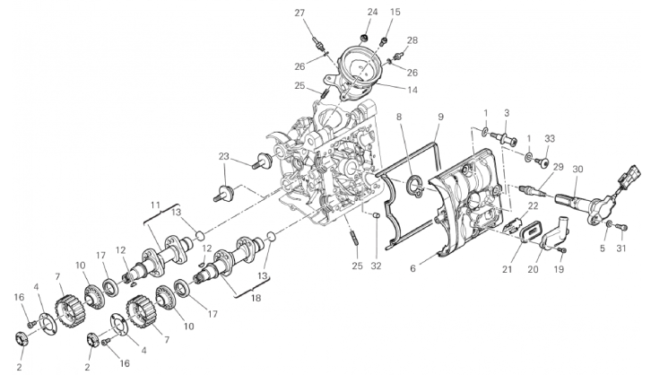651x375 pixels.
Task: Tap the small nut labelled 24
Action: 365,39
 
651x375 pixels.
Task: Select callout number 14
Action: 412,90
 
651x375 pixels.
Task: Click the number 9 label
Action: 440,117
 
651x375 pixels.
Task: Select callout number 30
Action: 577,169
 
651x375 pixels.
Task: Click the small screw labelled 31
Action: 622,227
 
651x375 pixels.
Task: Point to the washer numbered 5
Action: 608,224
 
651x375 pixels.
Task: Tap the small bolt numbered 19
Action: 562,250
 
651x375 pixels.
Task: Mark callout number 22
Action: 533,206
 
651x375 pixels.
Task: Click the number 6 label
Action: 412,268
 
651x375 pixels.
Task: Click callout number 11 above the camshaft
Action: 155,205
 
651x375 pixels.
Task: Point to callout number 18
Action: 256,298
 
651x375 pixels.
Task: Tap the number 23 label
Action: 224,157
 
